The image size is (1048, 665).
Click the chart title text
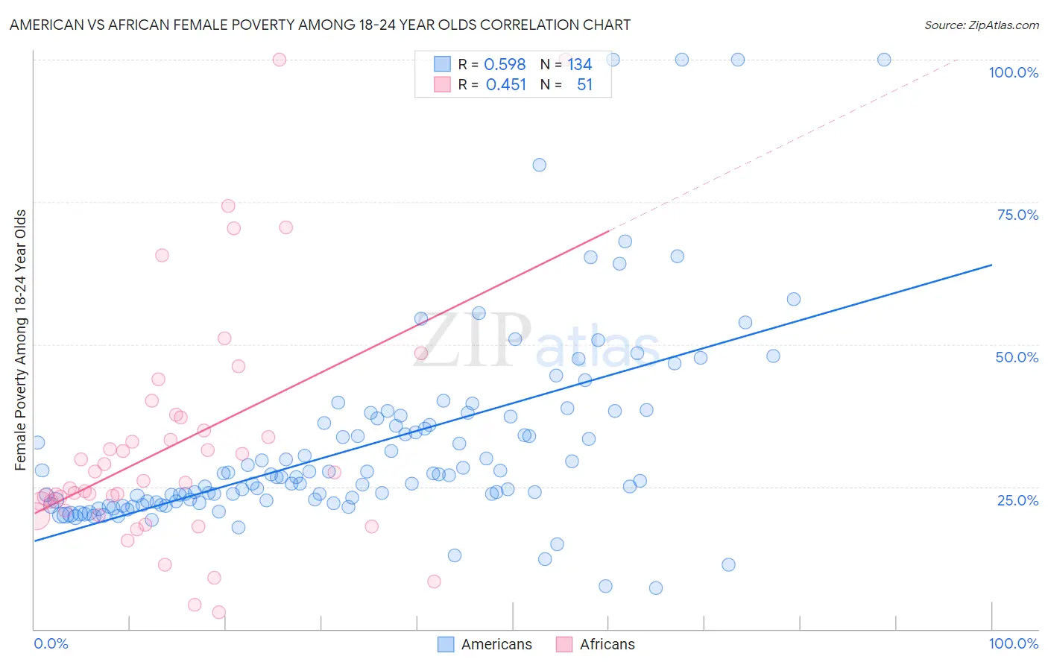point(320,25)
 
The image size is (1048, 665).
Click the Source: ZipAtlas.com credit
point(981,25)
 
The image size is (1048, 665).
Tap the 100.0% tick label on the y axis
point(1013,72)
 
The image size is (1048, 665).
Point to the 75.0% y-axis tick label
point(1017,215)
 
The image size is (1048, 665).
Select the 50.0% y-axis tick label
point(1017,357)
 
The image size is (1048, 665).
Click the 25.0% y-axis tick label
point(1017,500)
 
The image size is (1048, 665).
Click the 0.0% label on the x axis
point(51,643)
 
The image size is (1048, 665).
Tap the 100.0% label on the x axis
point(1013,643)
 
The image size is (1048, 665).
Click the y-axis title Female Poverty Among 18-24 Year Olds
point(20,340)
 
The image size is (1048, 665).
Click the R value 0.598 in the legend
point(505,65)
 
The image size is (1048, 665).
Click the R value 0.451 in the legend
point(506,85)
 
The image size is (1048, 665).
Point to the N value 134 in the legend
point(579,65)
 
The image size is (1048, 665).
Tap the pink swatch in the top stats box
point(443,84)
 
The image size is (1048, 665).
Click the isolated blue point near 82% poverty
point(539,165)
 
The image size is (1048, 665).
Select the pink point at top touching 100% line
point(280,60)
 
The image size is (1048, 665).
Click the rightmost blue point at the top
point(884,60)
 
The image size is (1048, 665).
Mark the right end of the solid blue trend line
point(991,265)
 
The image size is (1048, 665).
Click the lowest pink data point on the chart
point(218,612)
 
